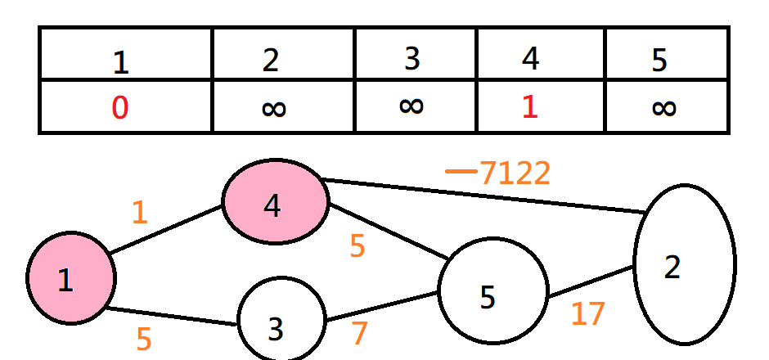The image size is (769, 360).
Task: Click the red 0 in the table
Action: (120, 108)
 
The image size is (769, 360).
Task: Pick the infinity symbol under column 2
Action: (274, 108)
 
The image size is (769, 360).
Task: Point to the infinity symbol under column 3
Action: (411, 106)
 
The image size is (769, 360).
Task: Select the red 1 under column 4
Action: (530, 108)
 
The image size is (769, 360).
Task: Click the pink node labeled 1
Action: (70, 279)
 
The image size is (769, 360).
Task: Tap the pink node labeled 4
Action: (275, 201)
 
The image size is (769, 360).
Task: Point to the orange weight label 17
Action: (587, 314)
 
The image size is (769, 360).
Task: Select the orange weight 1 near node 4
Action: (140, 213)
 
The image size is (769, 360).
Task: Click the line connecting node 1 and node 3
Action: (172, 316)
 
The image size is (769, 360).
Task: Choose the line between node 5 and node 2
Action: (591, 281)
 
